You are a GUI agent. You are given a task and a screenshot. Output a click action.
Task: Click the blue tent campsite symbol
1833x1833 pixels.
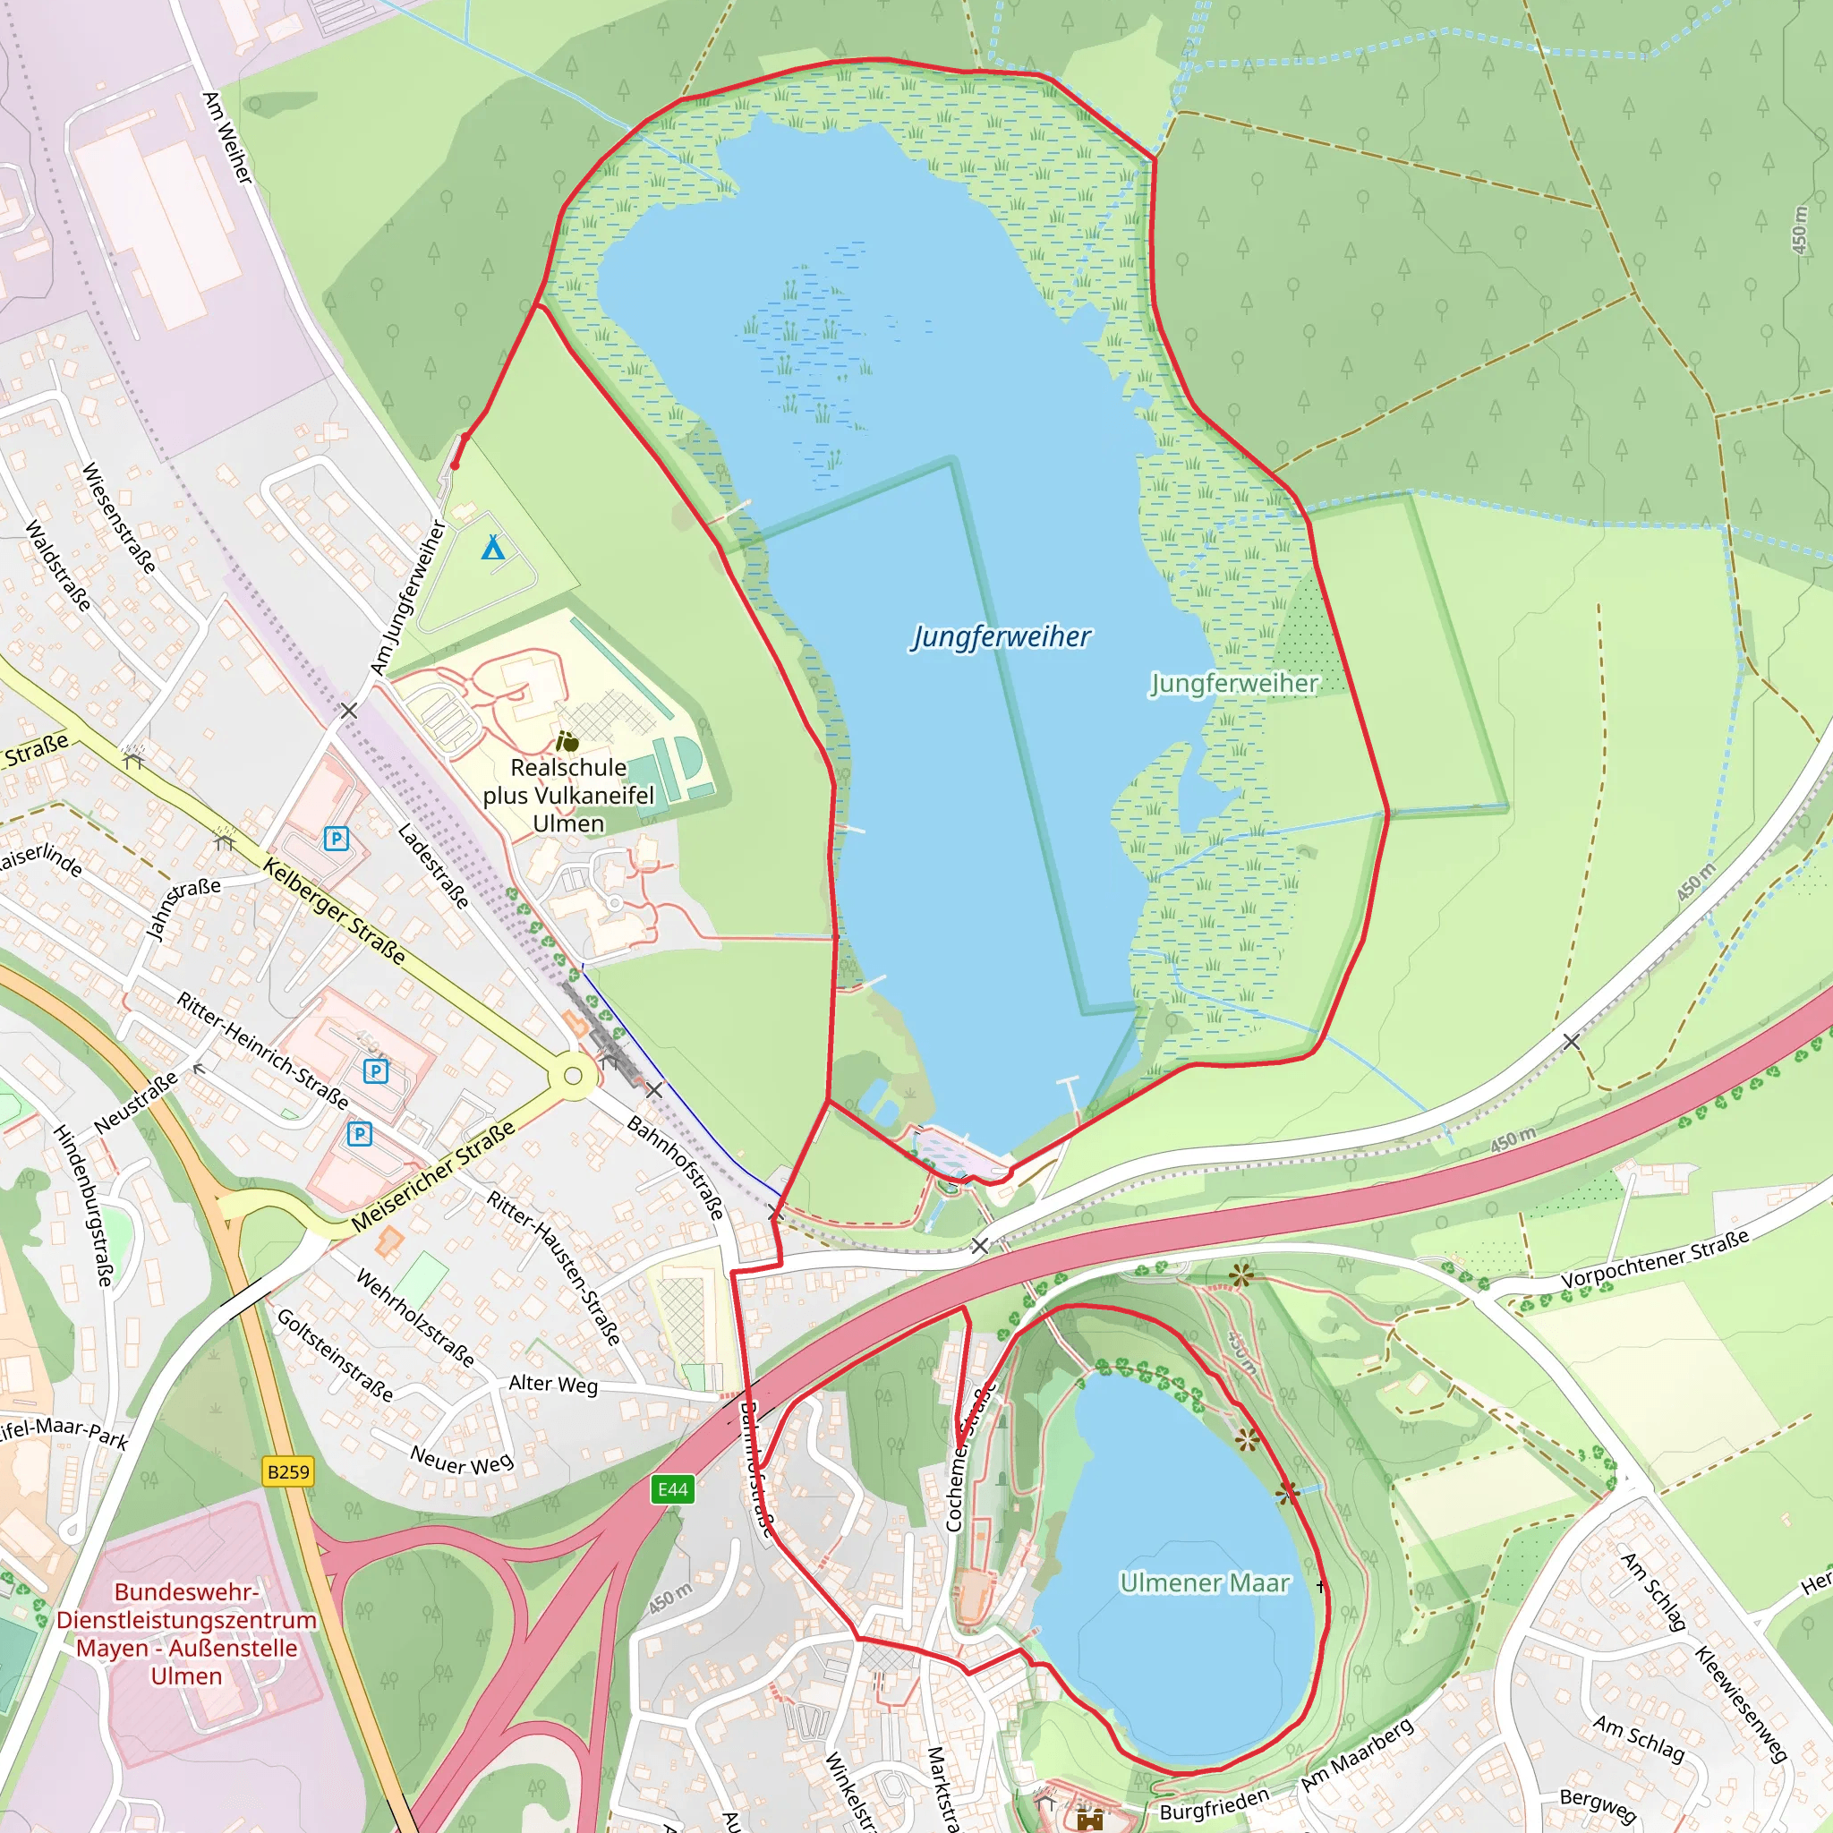point(492,548)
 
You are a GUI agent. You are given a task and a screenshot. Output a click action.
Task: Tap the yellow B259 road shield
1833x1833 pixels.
point(287,1471)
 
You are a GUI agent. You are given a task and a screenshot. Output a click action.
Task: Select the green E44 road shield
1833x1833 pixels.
point(673,1488)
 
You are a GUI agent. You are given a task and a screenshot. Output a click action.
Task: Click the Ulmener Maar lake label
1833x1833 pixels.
point(1204,1582)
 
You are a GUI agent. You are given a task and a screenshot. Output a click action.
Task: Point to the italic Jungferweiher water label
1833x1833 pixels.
point(1001,636)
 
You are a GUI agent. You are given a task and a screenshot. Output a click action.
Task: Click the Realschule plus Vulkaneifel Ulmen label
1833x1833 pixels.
point(568,795)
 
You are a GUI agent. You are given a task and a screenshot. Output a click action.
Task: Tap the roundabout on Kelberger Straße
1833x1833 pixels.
point(572,1076)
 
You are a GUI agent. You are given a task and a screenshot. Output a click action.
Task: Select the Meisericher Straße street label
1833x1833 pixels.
point(432,1175)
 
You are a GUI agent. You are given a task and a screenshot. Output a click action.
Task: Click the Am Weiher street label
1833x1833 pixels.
point(228,138)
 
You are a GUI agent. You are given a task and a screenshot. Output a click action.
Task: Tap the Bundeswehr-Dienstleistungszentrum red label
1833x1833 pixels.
point(186,1633)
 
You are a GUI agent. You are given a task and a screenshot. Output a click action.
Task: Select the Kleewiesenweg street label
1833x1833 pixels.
point(1741,1704)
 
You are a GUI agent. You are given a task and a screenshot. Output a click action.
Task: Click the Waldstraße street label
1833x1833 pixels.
point(59,566)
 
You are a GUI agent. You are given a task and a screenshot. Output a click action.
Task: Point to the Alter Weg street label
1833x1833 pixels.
point(553,1385)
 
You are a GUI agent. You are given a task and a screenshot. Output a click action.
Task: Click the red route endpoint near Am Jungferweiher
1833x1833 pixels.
point(455,465)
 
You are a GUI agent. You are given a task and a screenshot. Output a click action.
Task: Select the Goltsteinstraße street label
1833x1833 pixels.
point(335,1354)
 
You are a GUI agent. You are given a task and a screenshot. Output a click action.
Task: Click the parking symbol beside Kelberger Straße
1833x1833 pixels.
point(336,839)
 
